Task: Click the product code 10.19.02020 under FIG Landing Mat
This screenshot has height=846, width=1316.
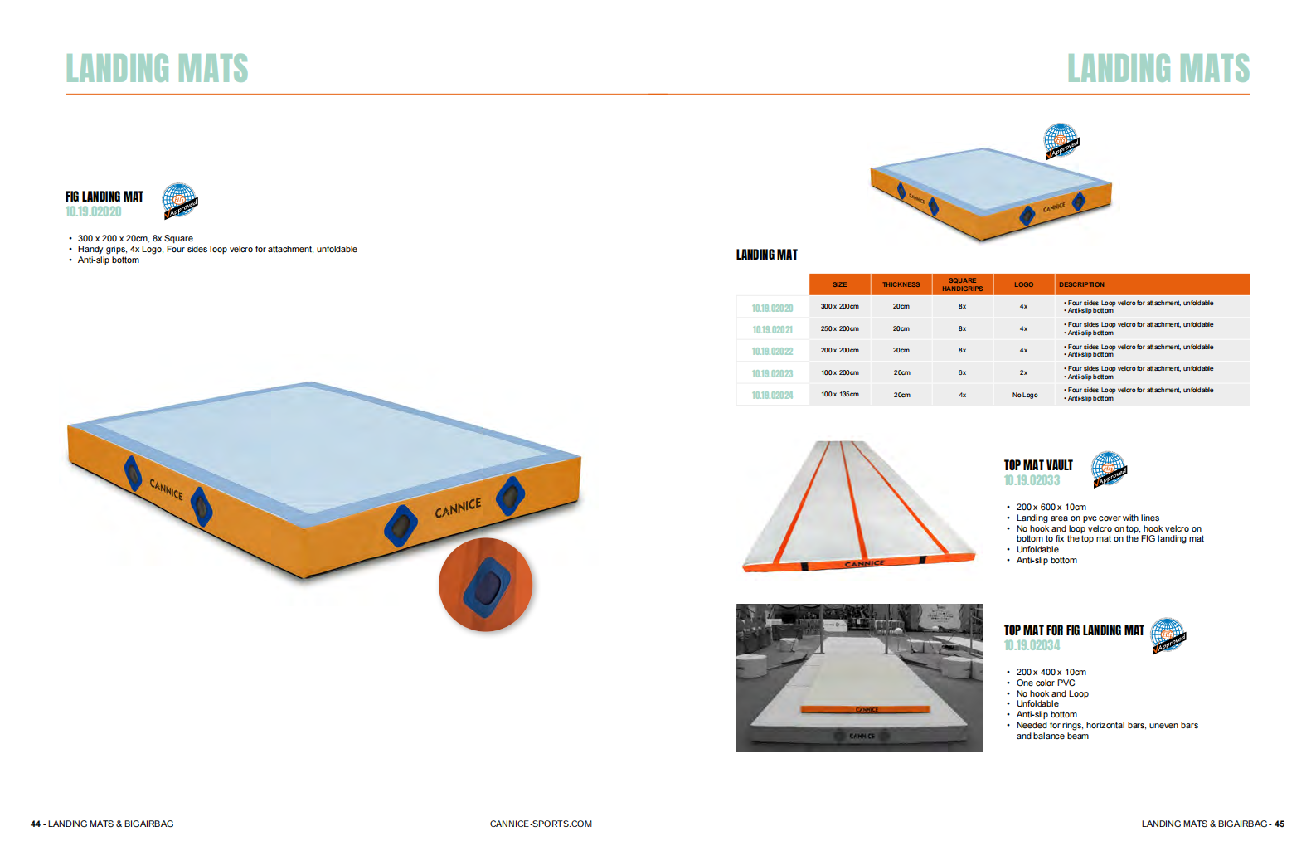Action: [x=93, y=212]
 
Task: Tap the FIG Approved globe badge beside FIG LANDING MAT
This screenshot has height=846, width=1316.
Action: [x=180, y=201]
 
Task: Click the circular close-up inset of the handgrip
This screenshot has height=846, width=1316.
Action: [x=485, y=585]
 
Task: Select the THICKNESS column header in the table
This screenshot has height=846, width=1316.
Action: [x=901, y=284]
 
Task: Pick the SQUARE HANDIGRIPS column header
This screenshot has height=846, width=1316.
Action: [x=962, y=284]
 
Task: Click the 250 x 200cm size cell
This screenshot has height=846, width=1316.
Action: [x=839, y=328]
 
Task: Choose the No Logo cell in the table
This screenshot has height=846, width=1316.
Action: [x=1024, y=395]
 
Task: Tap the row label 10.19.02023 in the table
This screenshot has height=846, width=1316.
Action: [x=772, y=373]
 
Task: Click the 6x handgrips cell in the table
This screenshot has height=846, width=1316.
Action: [x=962, y=372]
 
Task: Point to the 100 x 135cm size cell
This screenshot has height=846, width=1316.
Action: [x=839, y=395]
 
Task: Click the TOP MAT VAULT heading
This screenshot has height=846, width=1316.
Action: [x=1037, y=465]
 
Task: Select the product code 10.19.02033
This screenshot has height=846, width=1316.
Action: [x=1032, y=481]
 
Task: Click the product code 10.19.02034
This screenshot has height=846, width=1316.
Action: [x=1032, y=646]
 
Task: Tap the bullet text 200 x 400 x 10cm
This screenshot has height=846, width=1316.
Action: [x=1051, y=673]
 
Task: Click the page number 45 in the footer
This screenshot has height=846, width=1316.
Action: [x=1280, y=824]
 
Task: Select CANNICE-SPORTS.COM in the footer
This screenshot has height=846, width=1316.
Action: [x=541, y=824]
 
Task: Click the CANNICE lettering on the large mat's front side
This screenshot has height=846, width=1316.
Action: [x=458, y=508]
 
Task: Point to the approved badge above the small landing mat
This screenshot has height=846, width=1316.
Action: [x=1061, y=141]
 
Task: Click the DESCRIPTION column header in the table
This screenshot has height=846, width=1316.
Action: [x=1081, y=284]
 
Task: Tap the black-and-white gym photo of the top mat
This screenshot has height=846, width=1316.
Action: [x=858, y=678]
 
